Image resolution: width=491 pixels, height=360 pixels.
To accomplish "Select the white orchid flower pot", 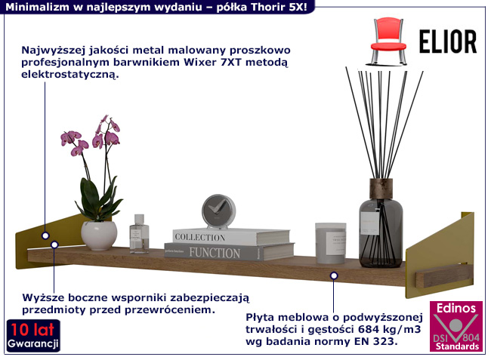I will click(99, 235).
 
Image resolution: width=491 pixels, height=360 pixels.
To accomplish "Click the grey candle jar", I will click(330, 242).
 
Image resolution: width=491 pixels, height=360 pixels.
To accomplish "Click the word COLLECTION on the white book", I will click(200, 237).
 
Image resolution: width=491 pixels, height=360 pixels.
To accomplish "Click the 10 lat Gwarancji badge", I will click(33, 337).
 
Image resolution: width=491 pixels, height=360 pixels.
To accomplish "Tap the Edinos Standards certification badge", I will click(456, 326).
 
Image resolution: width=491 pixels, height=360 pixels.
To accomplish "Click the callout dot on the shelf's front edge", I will click(333, 275).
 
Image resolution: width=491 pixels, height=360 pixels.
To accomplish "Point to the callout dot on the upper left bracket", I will click(45, 235).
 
